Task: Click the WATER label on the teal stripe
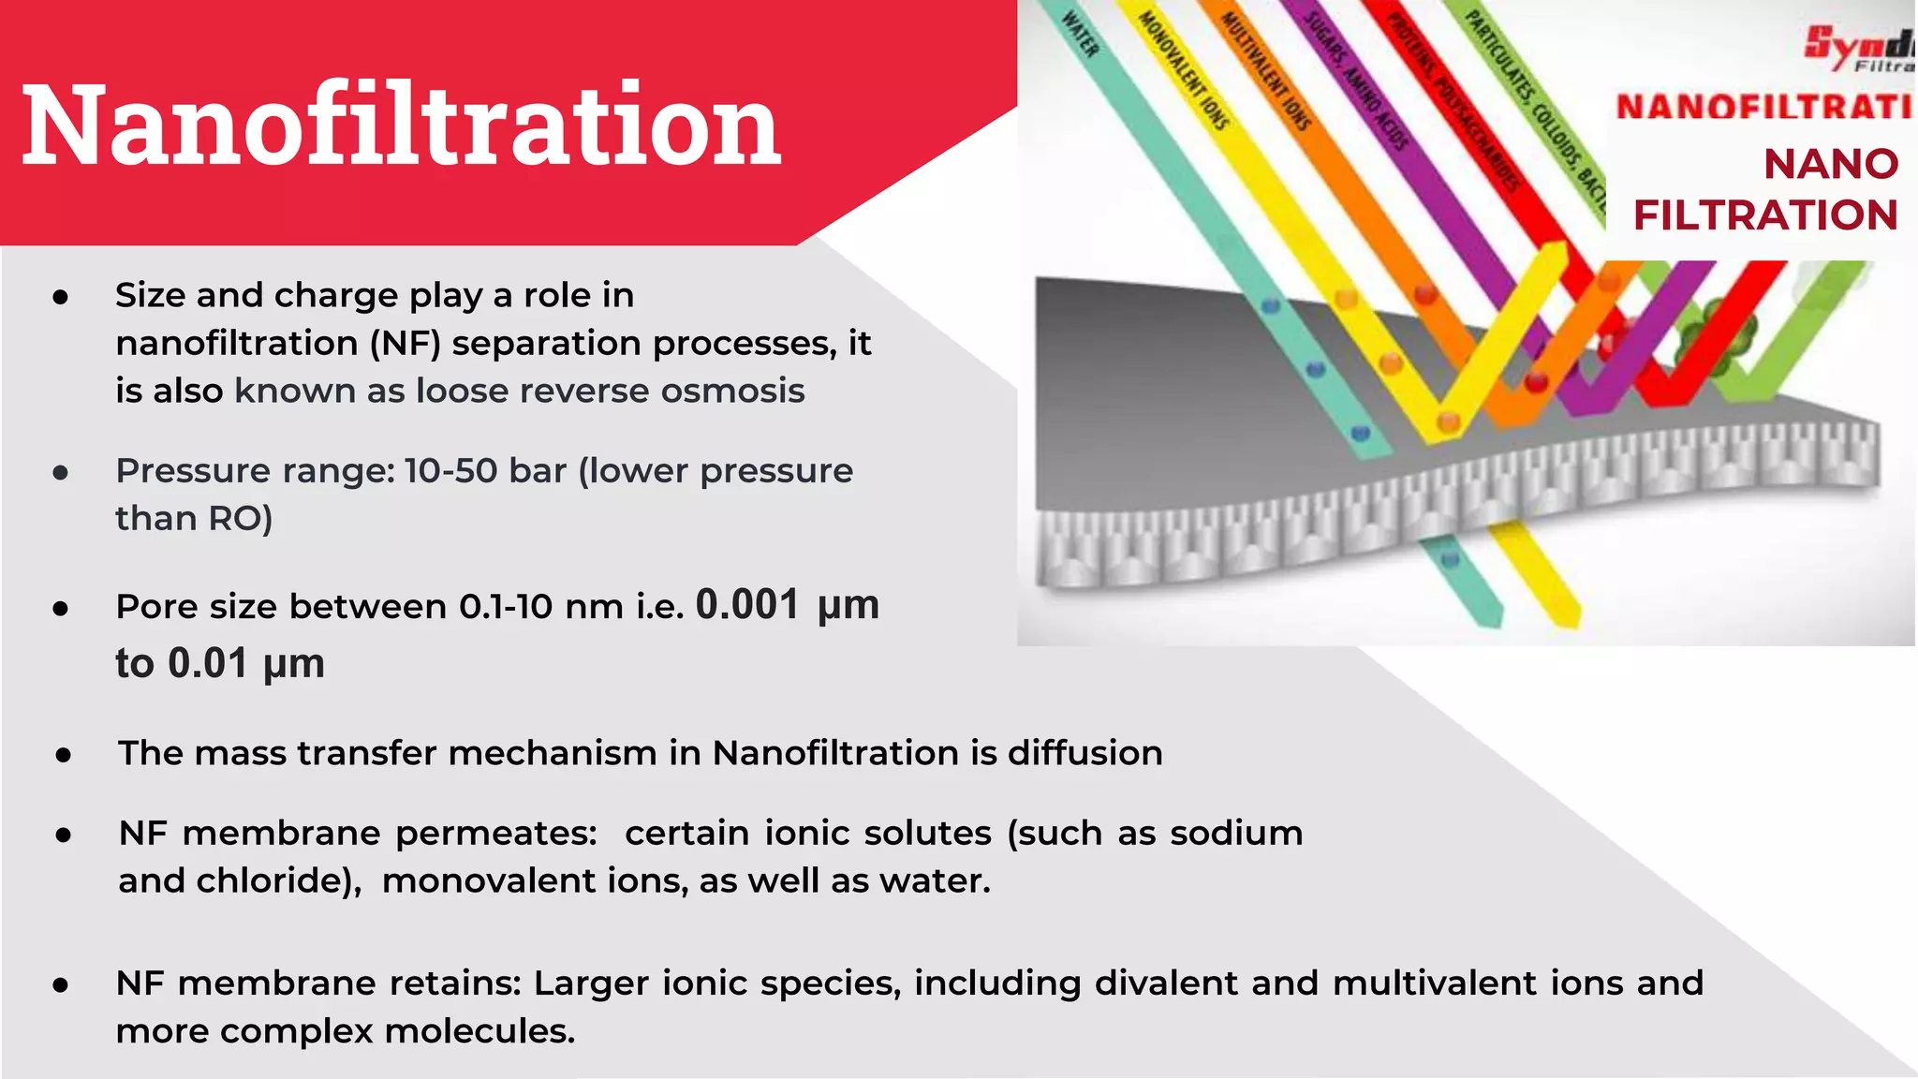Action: click(1080, 35)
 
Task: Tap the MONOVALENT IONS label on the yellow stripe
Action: click(1183, 71)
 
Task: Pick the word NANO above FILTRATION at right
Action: click(1831, 164)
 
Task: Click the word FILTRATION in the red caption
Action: click(1765, 215)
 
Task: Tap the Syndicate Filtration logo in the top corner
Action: click(1859, 47)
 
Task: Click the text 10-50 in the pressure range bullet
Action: click(450, 470)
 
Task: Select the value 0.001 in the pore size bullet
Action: click(747, 605)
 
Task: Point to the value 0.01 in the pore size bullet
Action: click(208, 663)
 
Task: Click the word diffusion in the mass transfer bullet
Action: click(1084, 753)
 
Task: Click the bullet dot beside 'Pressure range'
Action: click(61, 472)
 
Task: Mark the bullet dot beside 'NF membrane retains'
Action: click(61, 984)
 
